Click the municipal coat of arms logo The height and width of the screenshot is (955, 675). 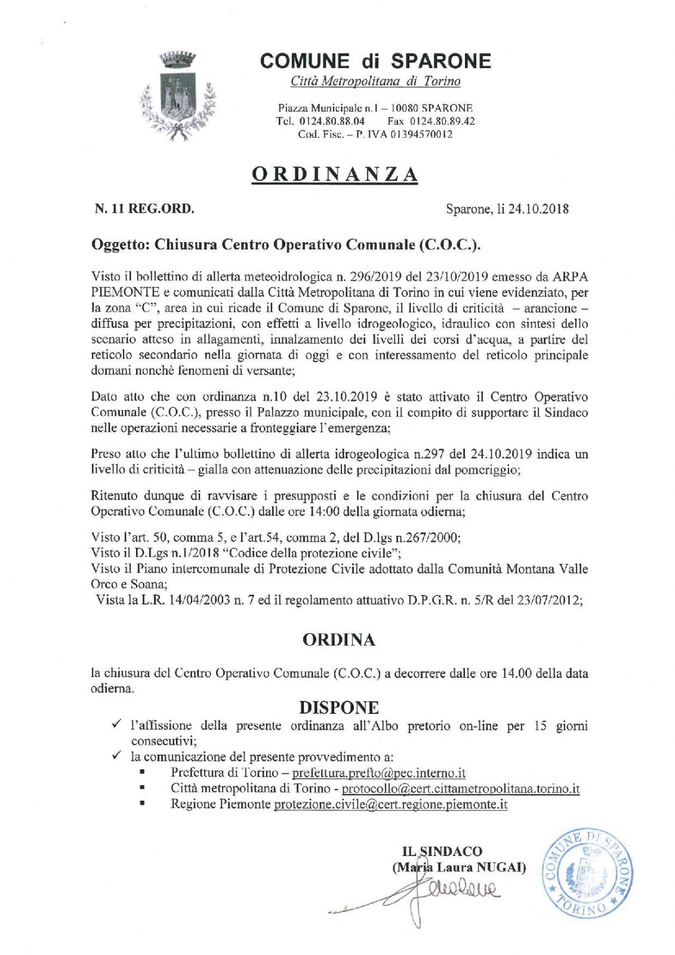click(177, 95)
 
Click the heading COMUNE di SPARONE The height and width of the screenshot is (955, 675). click(375, 60)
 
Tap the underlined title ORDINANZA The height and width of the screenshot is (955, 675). click(334, 173)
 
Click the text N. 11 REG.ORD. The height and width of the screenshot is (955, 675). click(144, 209)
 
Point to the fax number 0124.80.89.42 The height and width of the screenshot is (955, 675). click(441, 121)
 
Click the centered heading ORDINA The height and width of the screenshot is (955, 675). click(338, 640)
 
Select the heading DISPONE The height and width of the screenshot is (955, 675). click(338, 707)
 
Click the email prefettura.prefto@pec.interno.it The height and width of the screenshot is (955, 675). click(378, 773)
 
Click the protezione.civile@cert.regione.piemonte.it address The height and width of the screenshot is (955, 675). click(390, 804)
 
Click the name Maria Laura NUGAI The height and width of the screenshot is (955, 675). click(458, 867)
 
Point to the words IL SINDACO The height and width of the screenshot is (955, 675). click(442, 851)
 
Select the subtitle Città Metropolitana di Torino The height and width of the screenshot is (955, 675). click(375, 81)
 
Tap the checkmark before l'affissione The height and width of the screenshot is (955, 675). click(117, 725)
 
